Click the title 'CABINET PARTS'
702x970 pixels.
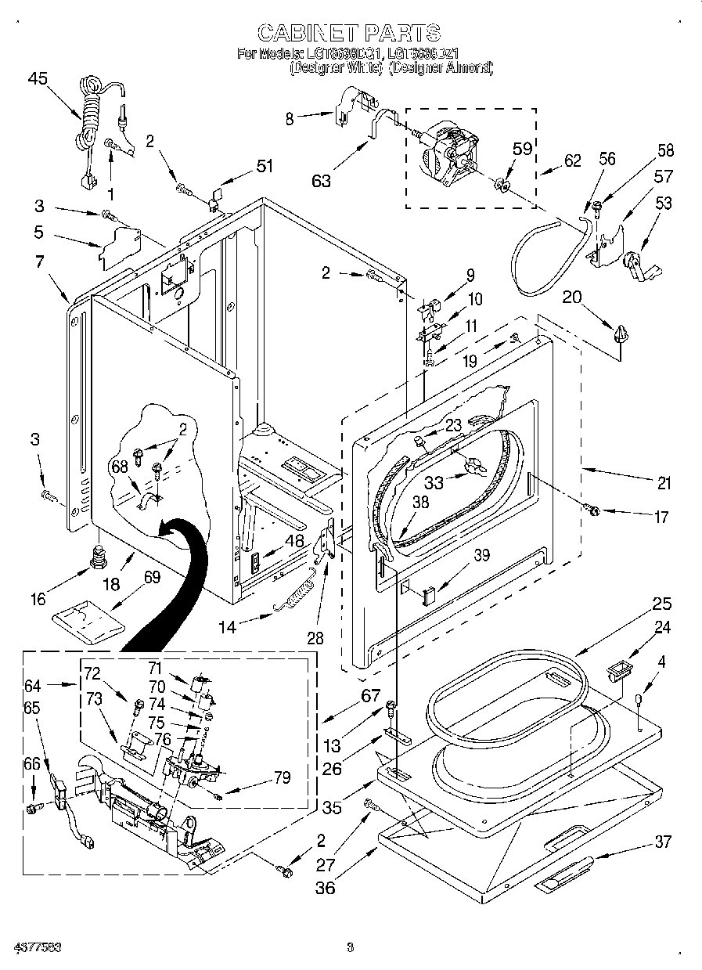(349, 32)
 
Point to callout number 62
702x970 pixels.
(573, 162)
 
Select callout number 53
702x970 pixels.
(663, 204)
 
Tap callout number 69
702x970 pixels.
(152, 578)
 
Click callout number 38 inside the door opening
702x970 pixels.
(420, 503)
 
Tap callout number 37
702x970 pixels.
(663, 842)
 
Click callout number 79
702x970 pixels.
(283, 777)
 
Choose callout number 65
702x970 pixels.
(32, 708)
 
